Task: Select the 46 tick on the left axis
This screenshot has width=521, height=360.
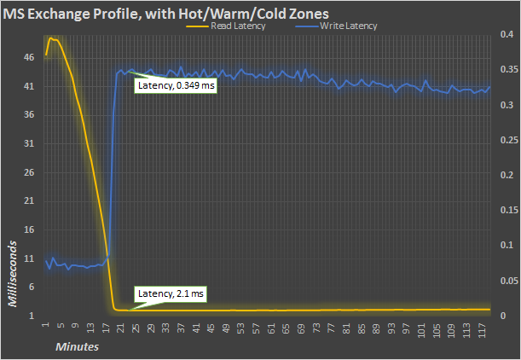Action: (29, 57)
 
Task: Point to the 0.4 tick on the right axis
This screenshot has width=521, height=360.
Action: (506, 36)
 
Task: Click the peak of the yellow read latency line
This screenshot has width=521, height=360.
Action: (50, 38)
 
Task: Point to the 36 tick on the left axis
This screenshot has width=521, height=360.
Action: (29, 115)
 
